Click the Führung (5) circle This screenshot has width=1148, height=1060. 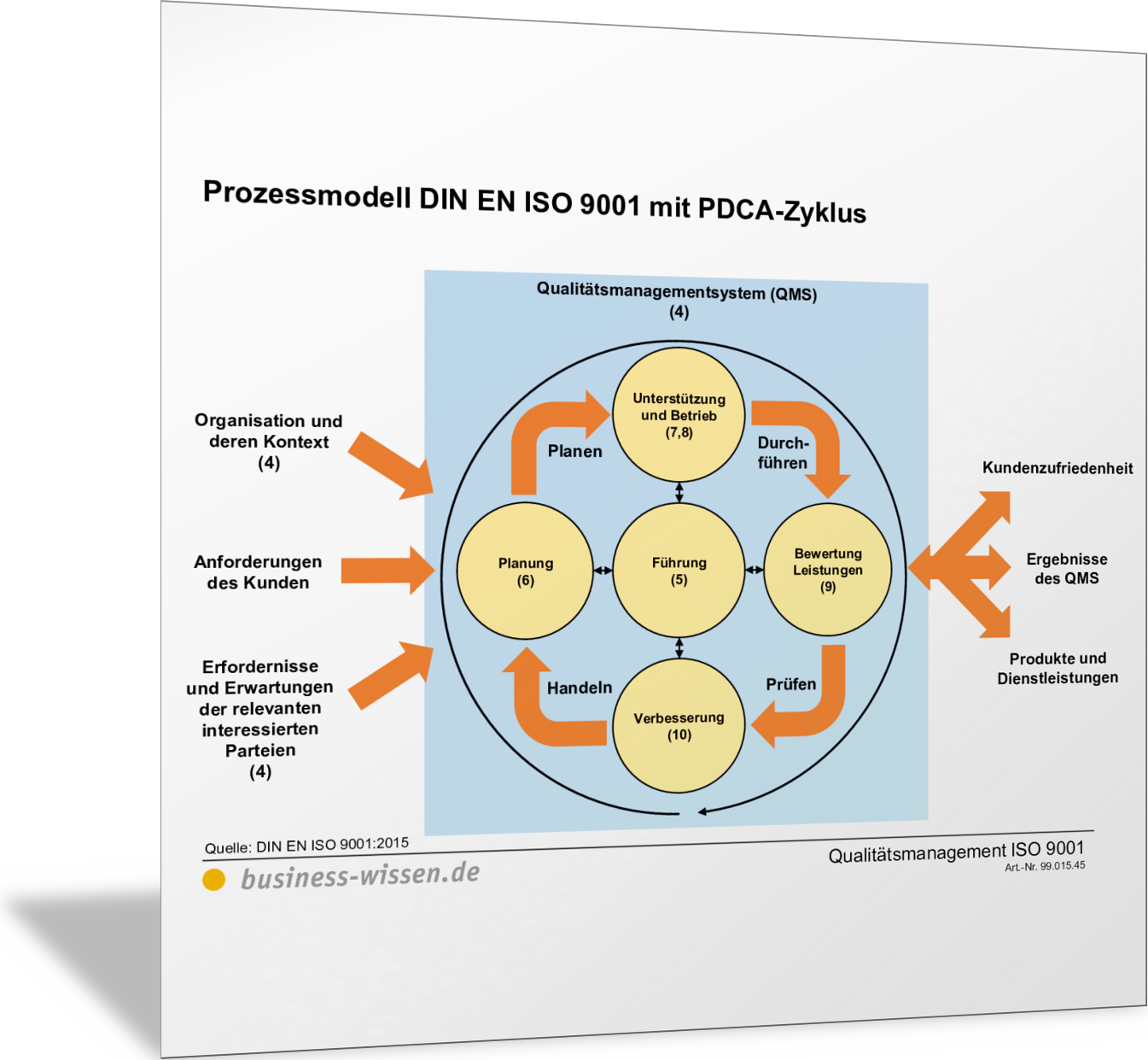click(x=679, y=570)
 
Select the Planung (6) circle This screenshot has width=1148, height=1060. click(x=525, y=571)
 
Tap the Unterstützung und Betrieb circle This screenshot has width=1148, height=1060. click(x=679, y=415)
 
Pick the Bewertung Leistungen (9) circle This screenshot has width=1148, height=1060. click(x=827, y=570)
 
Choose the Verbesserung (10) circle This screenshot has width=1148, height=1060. click(x=679, y=726)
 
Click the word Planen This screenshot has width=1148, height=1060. click(x=574, y=451)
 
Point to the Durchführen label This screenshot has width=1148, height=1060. click(x=782, y=453)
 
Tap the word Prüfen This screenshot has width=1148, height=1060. click(x=790, y=684)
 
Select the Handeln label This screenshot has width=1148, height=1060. click(x=580, y=688)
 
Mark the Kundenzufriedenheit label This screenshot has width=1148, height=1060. click(x=1058, y=468)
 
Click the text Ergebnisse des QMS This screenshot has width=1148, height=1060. click(x=1066, y=569)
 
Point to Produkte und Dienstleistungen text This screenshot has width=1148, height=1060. click(x=1058, y=668)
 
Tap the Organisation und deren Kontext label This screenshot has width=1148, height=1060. click(x=269, y=442)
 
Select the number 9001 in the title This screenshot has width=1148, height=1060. click(x=609, y=204)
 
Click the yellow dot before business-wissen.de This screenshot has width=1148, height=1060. click(x=213, y=879)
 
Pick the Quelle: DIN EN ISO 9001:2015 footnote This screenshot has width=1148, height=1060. click(x=306, y=846)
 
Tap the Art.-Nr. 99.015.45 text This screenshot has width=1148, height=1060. click(x=1045, y=866)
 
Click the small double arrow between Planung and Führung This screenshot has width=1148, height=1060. click(x=603, y=570)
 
